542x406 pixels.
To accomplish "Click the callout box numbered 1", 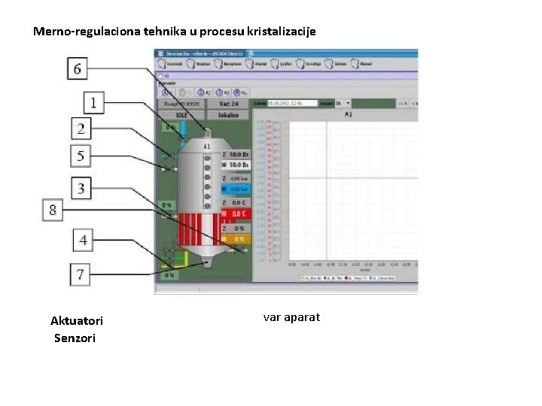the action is tap(93, 102).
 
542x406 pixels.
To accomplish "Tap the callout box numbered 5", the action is tap(81, 156).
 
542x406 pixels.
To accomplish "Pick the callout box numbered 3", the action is tap(81, 186).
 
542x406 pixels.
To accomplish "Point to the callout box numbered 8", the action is tap(53, 210).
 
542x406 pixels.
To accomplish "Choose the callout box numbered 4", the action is tap(84, 241).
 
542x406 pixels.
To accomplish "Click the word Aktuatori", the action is tap(77, 321).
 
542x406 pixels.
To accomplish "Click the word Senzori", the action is tap(75, 338).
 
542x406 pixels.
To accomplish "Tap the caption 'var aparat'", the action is tap(291, 317).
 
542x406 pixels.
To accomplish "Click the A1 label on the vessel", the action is tap(206, 146).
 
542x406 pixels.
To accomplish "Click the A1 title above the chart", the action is tap(348, 114).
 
